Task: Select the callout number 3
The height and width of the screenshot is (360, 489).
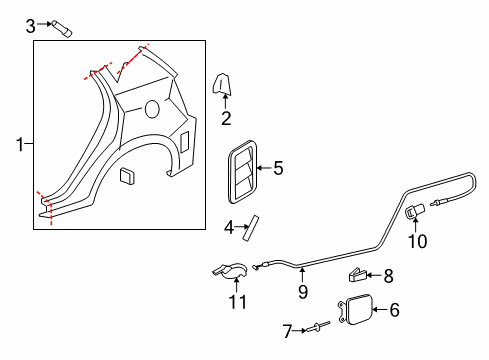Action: (x=31, y=24)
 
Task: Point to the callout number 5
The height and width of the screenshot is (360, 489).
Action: (x=278, y=168)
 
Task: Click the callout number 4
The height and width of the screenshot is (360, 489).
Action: (x=229, y=228)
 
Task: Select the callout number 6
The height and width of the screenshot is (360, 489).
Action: (x=393, y=310)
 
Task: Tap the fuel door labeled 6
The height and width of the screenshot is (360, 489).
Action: (x=358, y=311)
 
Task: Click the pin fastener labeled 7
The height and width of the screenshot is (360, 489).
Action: (x=318, y=326)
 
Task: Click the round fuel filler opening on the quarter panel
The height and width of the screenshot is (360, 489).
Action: (x=152, y=107)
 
